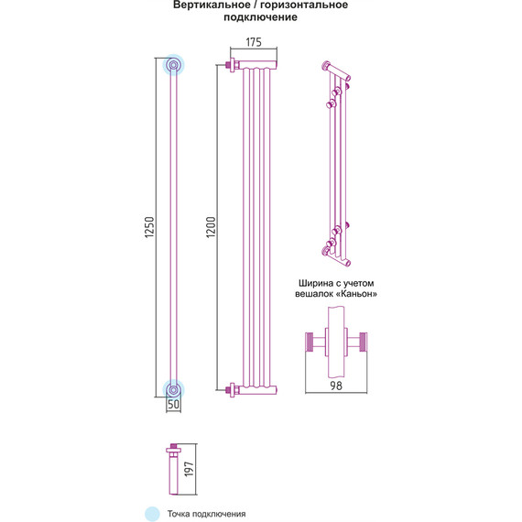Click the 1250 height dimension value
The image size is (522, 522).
pos(149,227)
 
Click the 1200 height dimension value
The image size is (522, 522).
pos(211,227)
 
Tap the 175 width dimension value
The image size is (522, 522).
pos(254,42)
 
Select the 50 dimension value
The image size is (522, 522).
pos(173,404)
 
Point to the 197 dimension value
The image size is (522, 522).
pos(189,469)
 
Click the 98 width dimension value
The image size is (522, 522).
pos(336,386)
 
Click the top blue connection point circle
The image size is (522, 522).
pos(173,65)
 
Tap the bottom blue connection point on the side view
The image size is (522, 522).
pos(173,389)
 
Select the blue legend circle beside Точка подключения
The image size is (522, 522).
pos(152,514)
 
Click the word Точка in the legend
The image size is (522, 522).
pos(179,514)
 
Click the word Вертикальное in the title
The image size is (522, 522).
pos(212,5)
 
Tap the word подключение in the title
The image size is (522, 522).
pos(260,17)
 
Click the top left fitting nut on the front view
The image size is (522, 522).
pos(232,64)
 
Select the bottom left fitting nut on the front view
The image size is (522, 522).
pos(232,390)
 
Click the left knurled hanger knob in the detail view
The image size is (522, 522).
pos(310,342)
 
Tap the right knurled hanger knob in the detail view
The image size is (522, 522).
pos(363,342)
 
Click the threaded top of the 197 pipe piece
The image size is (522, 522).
pos(173,446)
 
